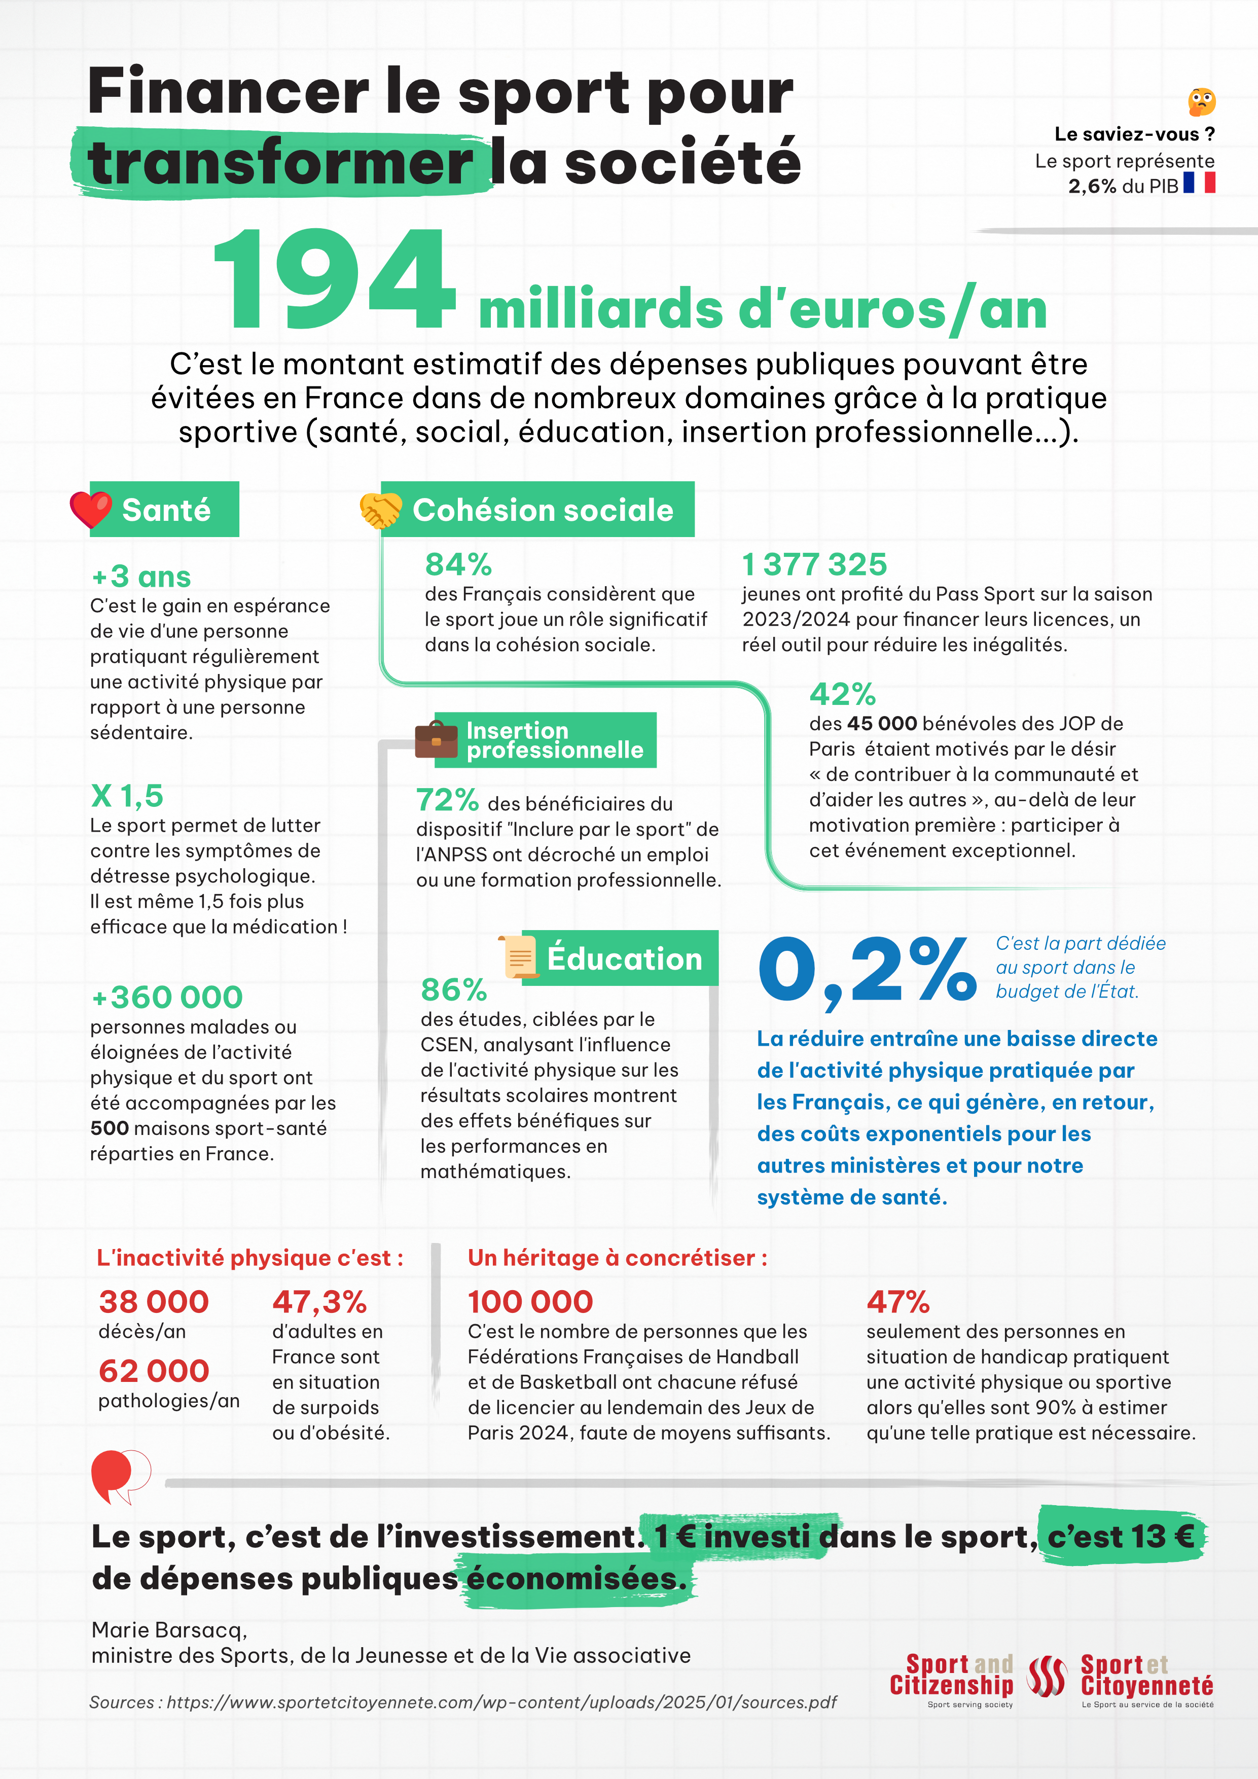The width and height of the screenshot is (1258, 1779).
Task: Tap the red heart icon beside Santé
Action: [x=91, y=509]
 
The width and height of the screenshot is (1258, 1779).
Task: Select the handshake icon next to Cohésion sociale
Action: [x=380, y=510]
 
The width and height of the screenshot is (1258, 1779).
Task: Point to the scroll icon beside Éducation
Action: [x=520, y=957]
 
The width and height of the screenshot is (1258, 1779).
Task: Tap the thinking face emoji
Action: [x=1201, y=101]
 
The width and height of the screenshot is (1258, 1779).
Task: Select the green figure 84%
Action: [x=458, y=564]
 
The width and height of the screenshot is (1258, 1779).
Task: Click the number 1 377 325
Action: [x=814, y=564]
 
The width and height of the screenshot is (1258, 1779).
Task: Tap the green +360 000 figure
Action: [x=167, y=997]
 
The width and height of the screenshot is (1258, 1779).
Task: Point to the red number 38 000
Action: [x=153, y=1302]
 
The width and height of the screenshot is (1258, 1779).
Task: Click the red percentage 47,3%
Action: [x=319, y=1302]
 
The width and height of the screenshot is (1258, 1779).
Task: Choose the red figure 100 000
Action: [x=530, y=1302]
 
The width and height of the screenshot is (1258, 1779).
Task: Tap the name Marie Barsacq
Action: [x=169, y=1629]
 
